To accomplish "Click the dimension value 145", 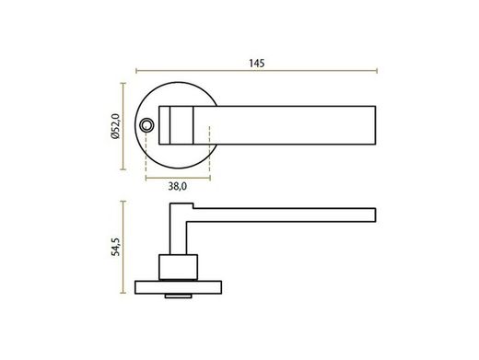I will click(x=257, y=63).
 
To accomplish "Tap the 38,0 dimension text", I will click(x=178, y=186).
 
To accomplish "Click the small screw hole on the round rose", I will click(x=147, y=124).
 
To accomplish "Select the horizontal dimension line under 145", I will click(x=257, y=72).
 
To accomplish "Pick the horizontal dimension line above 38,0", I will click(x=178, y=175).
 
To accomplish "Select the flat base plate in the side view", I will click(x=179, y=286).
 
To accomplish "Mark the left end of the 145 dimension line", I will click(x=136, y=72).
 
